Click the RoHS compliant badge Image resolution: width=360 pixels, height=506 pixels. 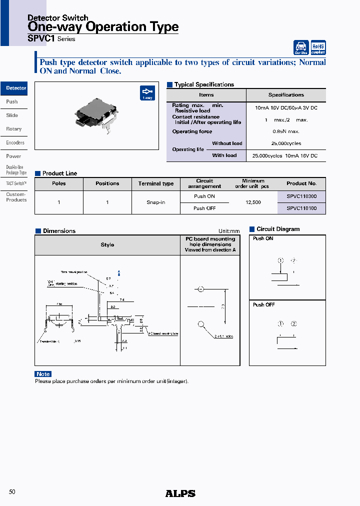(x=318, y=47)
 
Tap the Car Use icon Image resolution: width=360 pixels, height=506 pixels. (x=301, y=47)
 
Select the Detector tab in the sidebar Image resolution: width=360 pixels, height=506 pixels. (x=14, y=88)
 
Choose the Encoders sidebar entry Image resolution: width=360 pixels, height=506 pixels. (x=15, y=142)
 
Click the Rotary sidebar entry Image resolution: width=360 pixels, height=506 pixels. (x=14, y=129)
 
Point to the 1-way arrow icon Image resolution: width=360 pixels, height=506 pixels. (x=147, y=93)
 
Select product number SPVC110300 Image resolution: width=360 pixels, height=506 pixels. (x=301, y=196)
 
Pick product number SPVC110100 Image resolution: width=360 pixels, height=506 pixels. (x=301, y=208)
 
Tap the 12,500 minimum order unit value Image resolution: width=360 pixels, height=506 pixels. (x=253, y=202)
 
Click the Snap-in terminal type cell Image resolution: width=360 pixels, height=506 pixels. (x=156, y=202)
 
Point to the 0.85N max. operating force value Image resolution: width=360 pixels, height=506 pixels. (x=286, y=131)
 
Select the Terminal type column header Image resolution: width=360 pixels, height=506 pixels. (x=156, y=183)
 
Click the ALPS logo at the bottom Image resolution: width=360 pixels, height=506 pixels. (x=180, y=493)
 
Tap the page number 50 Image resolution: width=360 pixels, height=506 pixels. (x=12, y=492)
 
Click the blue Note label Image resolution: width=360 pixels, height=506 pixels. (x=43, y=374)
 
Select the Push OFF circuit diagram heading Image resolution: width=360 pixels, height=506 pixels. (x=263, y=304)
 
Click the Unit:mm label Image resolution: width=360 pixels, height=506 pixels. (x=229, y=231)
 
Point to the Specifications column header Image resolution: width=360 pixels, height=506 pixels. (x=286, y=95)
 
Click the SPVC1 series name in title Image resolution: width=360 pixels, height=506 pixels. (x=41, y=38)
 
